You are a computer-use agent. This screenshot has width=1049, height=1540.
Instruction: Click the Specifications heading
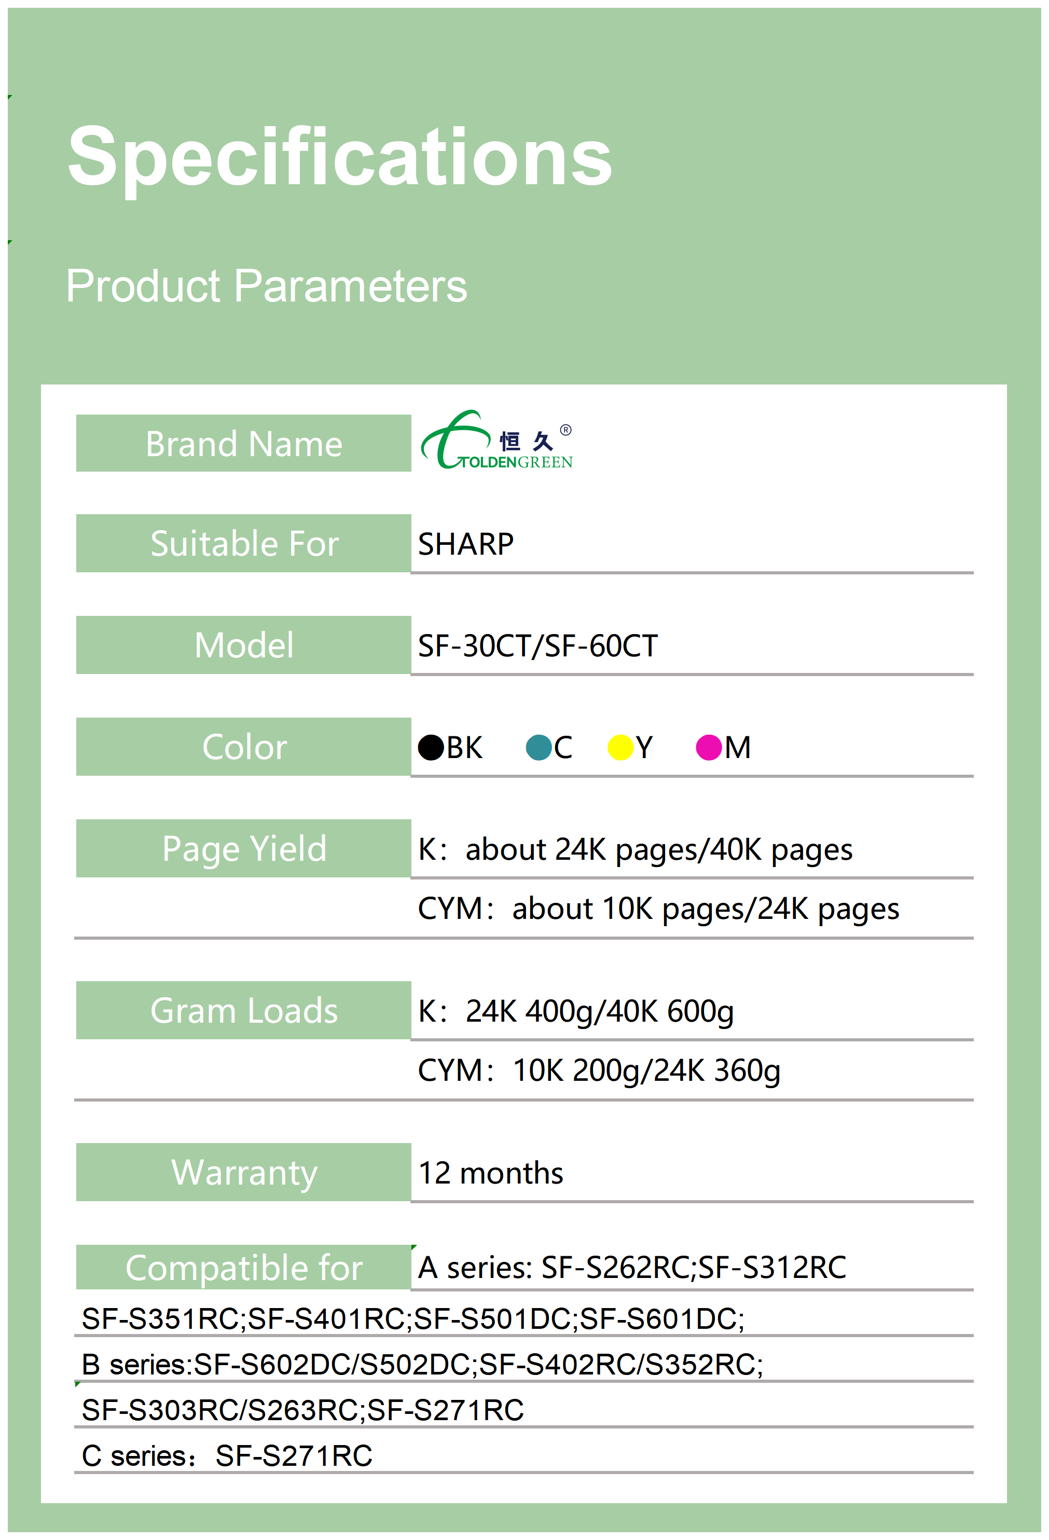(x=340, y=158)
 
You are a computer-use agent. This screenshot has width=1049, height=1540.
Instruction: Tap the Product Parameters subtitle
(x=266, y=287)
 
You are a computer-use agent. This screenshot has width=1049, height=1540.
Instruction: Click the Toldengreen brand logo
(x=497, y=440)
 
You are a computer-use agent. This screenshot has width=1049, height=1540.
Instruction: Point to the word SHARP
(x=466, y=544)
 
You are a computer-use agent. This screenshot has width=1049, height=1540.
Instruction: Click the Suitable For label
(x=244, y=544)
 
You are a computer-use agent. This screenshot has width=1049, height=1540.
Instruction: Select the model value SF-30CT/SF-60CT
(x=537, y=646)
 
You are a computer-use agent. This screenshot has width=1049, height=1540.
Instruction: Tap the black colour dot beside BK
(x=431, y=748)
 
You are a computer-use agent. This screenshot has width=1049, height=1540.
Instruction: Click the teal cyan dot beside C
(x=539, y=748)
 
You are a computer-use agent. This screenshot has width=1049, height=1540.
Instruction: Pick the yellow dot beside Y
(x=620, y=748)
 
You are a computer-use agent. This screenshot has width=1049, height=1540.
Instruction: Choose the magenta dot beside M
(x=708, y=748)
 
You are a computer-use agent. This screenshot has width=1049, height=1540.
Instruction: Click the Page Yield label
(x=244, y=849)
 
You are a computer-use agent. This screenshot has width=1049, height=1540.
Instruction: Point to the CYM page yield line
(x=658, y=909)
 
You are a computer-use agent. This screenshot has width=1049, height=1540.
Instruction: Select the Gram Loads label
(x=244, y=1011)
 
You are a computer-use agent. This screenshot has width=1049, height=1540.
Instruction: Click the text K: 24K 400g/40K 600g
(x=576, y=1012)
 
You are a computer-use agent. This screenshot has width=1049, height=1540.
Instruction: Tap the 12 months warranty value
(x=491, y=1173)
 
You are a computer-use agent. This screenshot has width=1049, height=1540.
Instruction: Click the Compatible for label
(x=244, y=1268)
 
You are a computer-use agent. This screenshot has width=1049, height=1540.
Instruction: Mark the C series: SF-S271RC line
(x=227, y=1456)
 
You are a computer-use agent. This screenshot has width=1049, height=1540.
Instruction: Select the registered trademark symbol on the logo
(x=565, y=430)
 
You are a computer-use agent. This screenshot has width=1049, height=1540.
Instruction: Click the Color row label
(x=244, y=748)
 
